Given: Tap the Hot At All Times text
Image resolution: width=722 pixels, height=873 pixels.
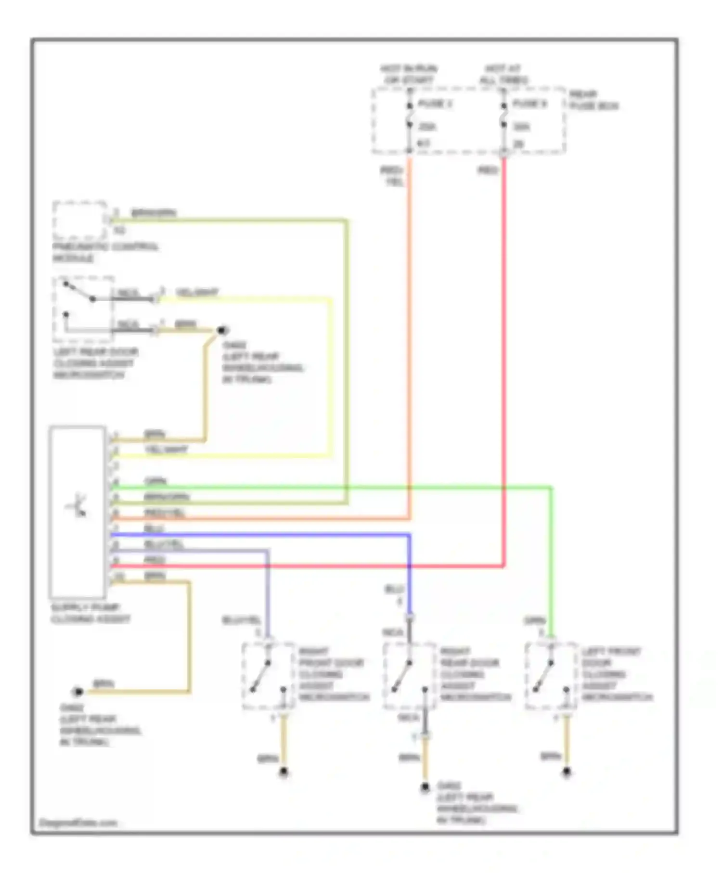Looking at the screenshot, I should click(x=503, y=75).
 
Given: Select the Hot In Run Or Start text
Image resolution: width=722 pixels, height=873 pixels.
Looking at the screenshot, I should click(x=409, y=75).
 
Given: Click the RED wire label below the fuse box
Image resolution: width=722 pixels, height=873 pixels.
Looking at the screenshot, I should click(x=488, y=170).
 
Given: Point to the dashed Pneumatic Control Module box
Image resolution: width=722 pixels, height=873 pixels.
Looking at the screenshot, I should click(x=79, y=220).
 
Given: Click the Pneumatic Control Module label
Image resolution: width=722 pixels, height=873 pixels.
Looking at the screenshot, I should click(x=105, y=252).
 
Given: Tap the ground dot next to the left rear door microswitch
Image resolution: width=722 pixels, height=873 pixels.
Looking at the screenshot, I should click(x=222, y=330).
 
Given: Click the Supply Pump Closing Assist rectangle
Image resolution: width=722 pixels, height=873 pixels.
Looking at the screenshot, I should click(x=77, y=512).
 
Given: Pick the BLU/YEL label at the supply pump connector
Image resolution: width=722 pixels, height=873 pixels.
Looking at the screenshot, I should click(x=164, y=544).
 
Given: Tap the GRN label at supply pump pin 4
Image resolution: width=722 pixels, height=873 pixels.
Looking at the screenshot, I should click(x=155, y=481).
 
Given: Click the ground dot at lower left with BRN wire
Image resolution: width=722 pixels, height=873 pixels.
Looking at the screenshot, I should click(x=77, y=692).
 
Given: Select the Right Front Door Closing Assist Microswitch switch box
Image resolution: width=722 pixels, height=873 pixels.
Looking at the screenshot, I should click(x=268, y=676).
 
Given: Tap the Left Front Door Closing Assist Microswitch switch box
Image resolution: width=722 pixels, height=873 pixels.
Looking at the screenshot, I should click(x=551, y=676).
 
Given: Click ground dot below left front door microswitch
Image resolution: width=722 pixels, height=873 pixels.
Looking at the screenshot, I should click(x=567, y=773).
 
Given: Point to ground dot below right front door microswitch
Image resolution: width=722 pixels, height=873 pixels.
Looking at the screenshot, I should click(x=284, y=773).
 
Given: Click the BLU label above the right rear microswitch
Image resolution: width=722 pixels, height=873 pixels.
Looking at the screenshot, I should click(x=394, y=590).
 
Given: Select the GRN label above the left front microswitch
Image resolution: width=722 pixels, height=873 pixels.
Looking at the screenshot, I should click(x=535, y=621).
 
